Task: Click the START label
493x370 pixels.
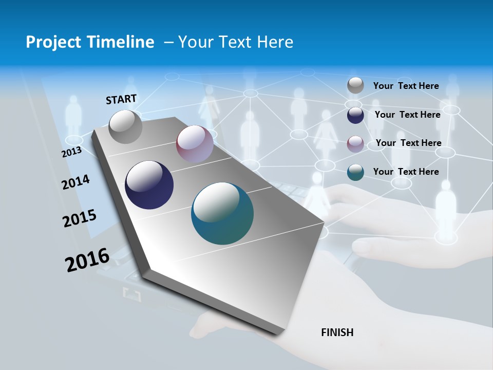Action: (121, 99)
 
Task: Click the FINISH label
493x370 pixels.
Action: (337, 332)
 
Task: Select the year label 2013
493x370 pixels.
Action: (71, 152)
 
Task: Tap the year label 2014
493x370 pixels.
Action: (75, 182)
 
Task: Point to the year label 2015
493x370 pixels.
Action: (80, 218)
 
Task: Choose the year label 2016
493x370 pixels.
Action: (87, 260)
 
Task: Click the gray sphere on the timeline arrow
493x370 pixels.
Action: (126, 126)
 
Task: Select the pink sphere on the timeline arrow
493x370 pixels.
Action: (195, 144)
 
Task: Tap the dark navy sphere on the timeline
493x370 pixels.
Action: (149, 185)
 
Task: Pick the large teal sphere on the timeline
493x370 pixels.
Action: (222, 213)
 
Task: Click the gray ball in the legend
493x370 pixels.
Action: (355, 86)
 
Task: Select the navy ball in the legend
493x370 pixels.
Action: (355, 115)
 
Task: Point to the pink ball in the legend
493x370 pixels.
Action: (355, 143)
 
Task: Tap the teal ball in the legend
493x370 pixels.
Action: (355, 172)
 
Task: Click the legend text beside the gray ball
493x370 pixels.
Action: (406, 86)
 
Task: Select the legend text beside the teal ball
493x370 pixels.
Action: (406, 172)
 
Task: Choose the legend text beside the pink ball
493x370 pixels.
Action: (408, 143)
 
